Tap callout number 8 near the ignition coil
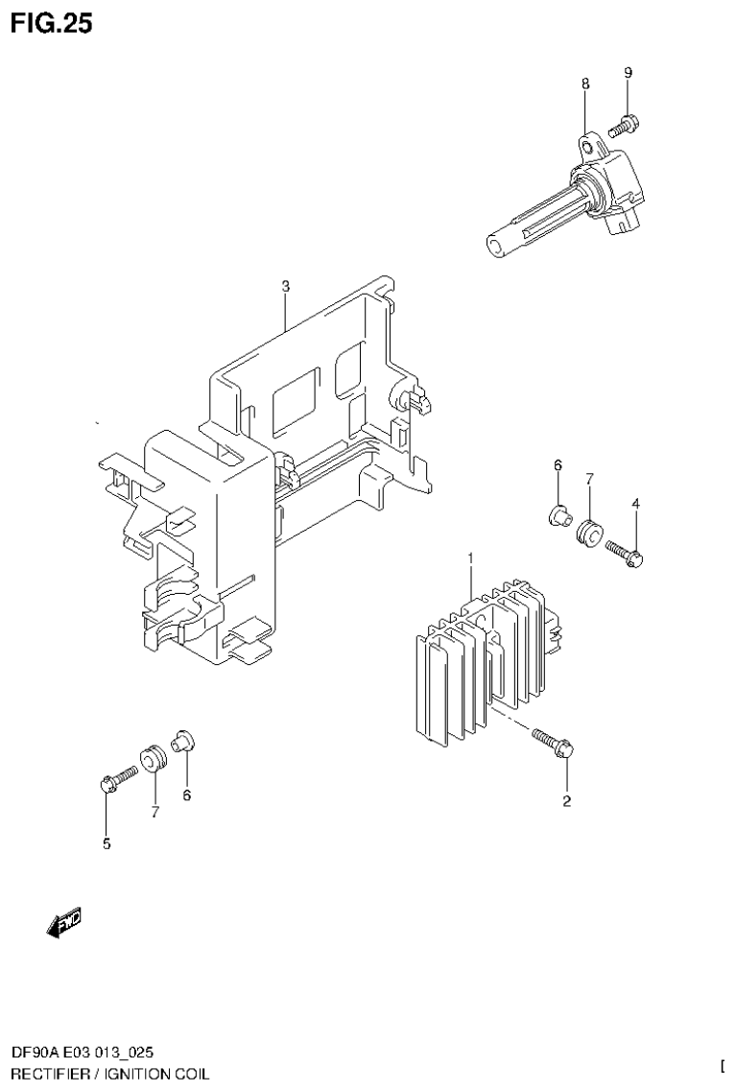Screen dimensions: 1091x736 (584, 84)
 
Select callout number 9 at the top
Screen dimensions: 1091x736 (628, 73)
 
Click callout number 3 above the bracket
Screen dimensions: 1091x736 (285, 286)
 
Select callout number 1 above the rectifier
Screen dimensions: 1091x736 (471, 557)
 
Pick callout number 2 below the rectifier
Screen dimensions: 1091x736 (566, 801)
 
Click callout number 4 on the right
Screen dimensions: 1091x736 (635, 503)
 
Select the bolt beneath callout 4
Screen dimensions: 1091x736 (625, 552)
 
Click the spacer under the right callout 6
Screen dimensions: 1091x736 (555, 515)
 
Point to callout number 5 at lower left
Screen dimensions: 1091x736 (107, 844)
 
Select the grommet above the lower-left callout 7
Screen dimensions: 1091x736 (152, 757)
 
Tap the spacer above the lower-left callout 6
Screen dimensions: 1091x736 (182, 741)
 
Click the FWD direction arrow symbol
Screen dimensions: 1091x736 (63, 922)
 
